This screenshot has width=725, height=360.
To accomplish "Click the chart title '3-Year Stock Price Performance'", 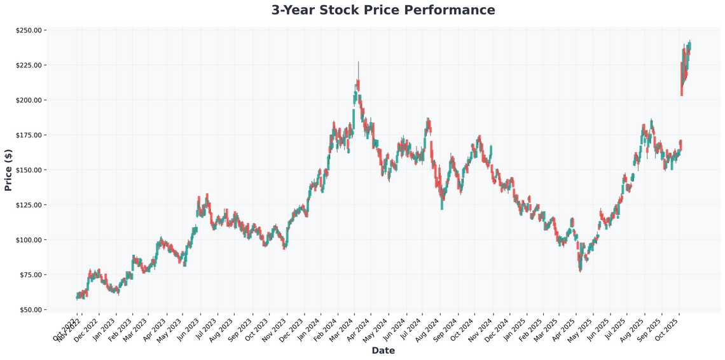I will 383,10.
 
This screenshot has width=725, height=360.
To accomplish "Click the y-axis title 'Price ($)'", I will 8,169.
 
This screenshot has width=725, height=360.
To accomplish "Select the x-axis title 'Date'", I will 383,350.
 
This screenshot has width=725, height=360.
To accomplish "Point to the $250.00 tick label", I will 29,31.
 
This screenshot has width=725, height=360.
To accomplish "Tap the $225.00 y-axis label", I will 29,66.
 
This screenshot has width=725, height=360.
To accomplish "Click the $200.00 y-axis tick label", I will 29,100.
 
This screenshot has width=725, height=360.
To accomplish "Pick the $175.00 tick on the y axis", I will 29,135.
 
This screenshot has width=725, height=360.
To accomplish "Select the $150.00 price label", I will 29,170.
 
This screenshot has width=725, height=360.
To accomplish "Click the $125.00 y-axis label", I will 29,205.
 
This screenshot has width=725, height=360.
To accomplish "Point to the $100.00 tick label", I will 29,240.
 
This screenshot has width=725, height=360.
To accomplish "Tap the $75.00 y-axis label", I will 31,275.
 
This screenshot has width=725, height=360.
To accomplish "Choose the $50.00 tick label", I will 31,310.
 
